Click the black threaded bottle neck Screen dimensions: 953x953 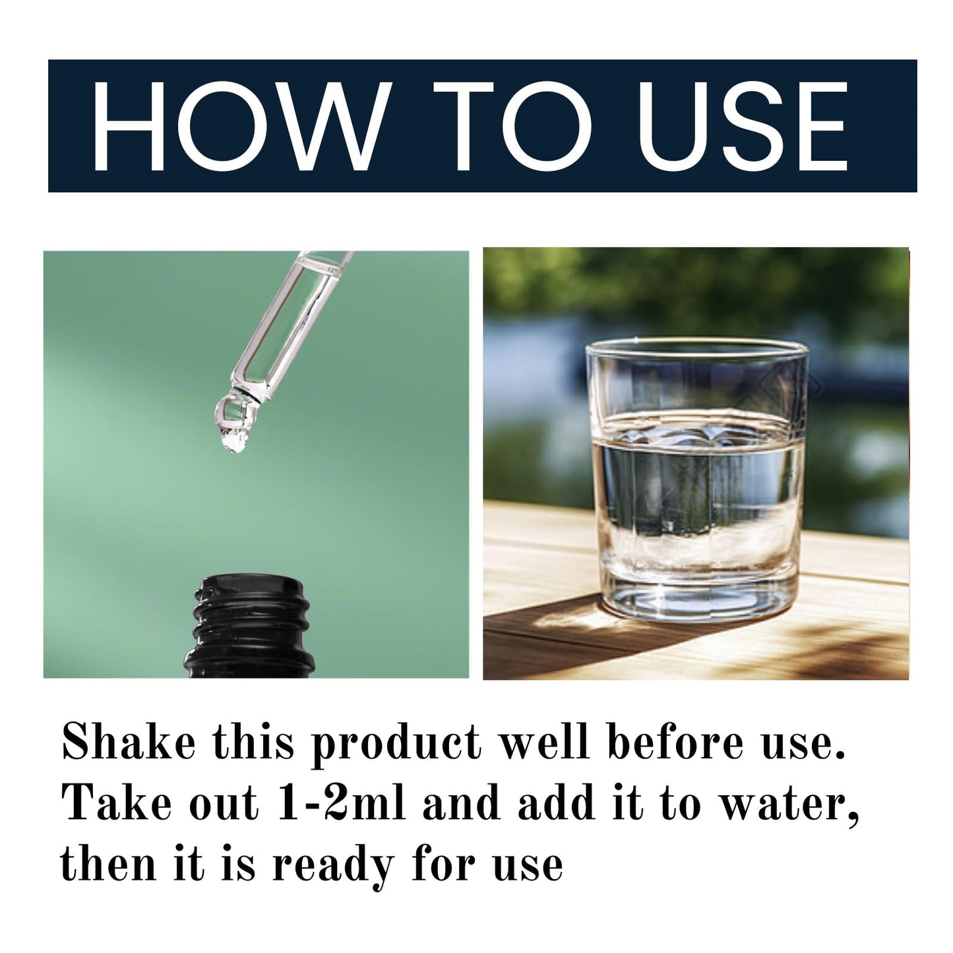(x=249, y=626)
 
